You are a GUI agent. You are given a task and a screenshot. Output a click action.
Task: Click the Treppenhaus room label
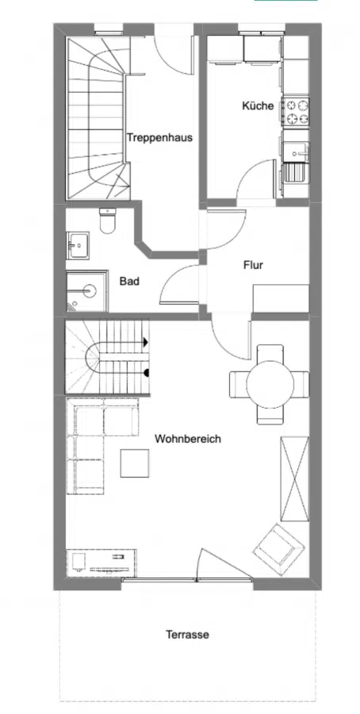pyautogui.click(x=159, y=137)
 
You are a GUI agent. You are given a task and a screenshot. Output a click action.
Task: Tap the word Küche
pyautogui.click(x=258, y=106)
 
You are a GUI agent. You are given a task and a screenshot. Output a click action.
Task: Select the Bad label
pyautogui.click(x=130, y=281)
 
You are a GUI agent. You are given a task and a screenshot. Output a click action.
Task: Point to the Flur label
pyautogui.click(x=253, y=266)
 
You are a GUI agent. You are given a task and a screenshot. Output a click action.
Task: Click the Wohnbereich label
pyautogui.click(x=187, y=439)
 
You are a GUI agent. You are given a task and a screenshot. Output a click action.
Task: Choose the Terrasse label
pyautogui.click(x=187, y=635)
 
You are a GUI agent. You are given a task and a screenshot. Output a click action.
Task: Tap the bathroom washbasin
pyautogui.click(x=79, y=245)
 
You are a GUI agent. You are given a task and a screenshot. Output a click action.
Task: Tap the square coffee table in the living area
pyautogui.click(x=134, y=463)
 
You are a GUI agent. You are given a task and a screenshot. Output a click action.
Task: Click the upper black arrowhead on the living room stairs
pyautogui.click(x=145, y=342)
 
